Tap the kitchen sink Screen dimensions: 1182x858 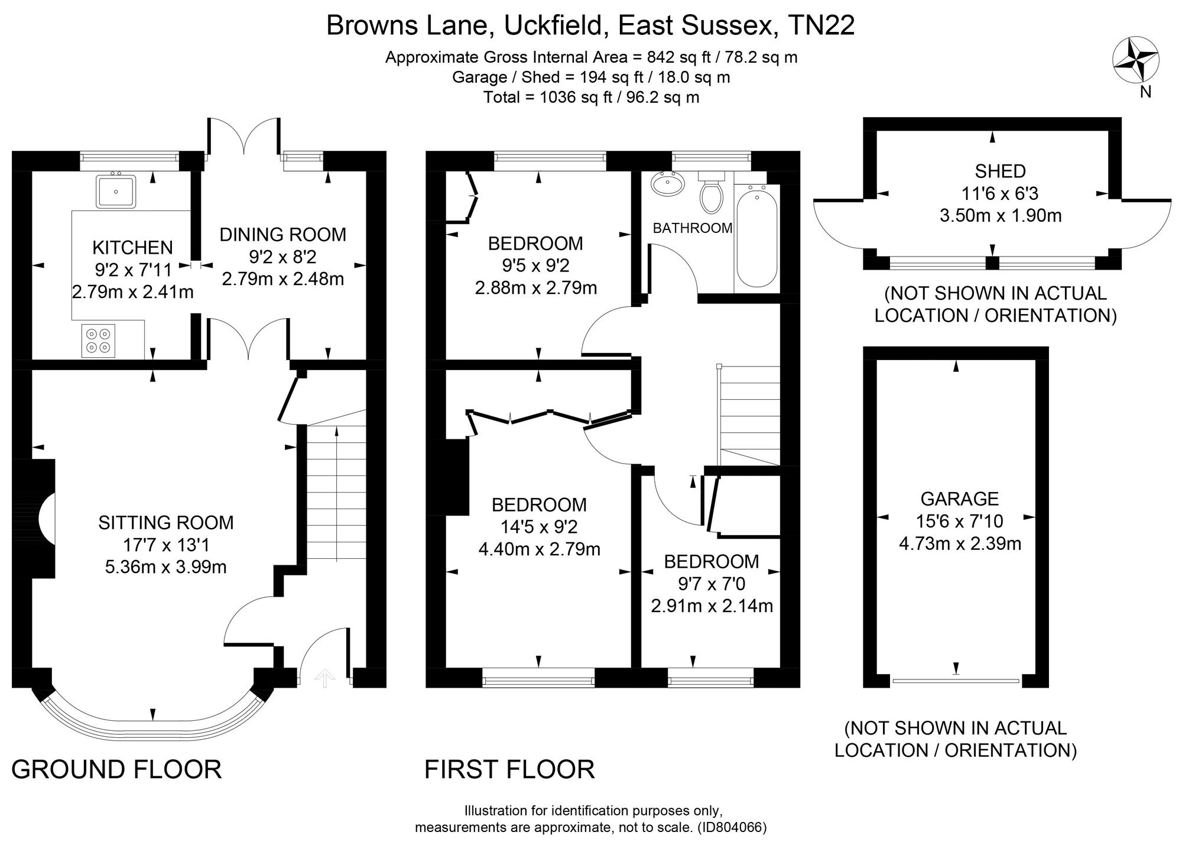116,191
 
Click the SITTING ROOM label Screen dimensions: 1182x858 166,523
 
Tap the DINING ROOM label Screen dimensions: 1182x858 283,235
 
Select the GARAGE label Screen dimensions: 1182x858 960,499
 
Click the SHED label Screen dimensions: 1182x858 1001,171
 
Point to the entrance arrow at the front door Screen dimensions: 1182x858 324,678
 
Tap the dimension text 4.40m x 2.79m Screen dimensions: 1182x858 539,549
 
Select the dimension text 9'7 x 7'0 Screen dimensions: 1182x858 712,584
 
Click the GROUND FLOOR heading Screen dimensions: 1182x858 116,769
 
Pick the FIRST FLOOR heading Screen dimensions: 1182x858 509,769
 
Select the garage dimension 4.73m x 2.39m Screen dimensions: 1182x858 960,543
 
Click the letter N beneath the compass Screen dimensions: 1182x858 1146,92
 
